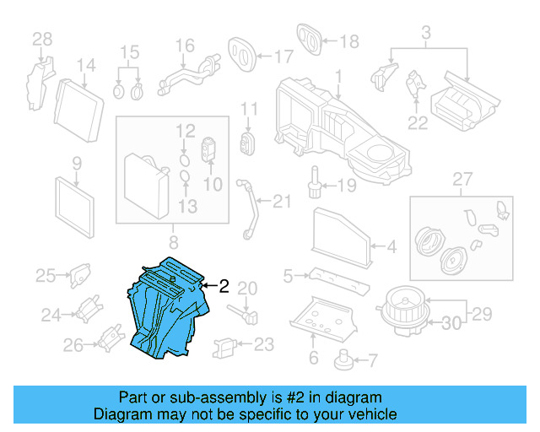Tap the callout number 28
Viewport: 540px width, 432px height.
(41, 38)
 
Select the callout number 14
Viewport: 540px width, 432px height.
(86, 66)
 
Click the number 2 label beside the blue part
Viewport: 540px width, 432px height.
(224, 286)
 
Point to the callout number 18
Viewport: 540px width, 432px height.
(348, 40)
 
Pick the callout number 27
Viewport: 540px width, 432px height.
(460, 179)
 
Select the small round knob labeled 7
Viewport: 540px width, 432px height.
(343, 359)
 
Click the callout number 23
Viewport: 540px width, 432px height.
(264, 343)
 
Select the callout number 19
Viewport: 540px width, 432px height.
(348, 185)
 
